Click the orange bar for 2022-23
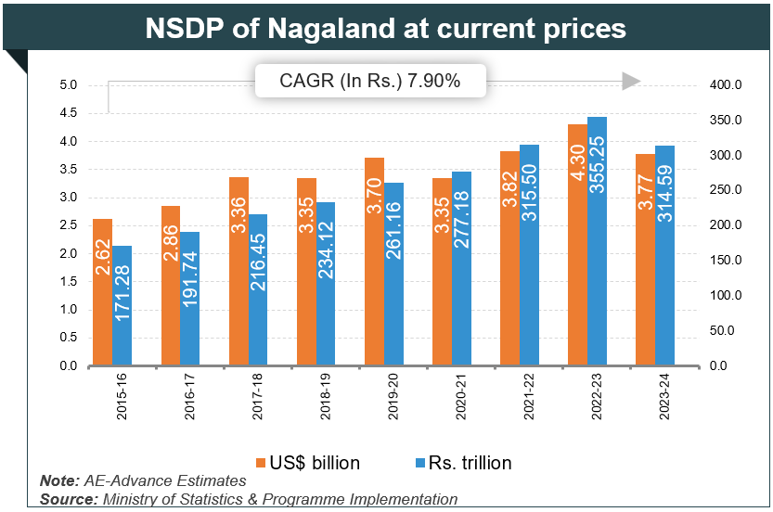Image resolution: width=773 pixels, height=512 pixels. [575, 245]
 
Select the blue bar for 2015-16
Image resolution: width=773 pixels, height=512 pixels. [122, 306]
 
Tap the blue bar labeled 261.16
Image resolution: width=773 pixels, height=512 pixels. [393, 275]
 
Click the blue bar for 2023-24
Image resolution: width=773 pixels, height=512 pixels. [665, 256]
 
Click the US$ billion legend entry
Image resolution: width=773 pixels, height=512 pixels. [308, 462]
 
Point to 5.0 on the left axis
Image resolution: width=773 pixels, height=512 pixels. [68, 85]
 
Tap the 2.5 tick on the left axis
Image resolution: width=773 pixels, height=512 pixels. [68, 225]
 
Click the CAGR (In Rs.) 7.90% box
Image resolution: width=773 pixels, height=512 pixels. [369, 82]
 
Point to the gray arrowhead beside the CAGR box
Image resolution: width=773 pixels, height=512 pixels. [631, 82]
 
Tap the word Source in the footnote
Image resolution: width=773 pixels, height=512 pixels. [67, 499]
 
